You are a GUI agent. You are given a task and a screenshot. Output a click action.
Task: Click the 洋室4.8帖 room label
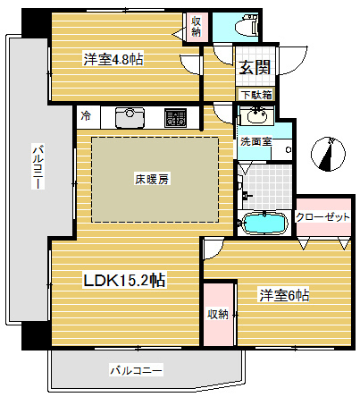point(113,60)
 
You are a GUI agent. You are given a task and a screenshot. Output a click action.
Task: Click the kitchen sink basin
point(131,117)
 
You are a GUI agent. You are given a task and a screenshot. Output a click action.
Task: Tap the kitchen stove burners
point(175,117)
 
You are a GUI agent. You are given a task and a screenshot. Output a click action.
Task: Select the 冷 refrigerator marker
point(86,116)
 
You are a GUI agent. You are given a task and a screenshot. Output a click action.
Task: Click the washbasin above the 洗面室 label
point(255,116)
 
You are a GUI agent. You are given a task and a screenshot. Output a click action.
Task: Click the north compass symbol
point(330,155)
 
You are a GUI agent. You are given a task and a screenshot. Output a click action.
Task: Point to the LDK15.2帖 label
point(123,281)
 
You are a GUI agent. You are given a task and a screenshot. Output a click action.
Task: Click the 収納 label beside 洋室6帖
point(217,314)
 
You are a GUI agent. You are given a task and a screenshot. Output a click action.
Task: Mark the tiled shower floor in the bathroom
point(263,185)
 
